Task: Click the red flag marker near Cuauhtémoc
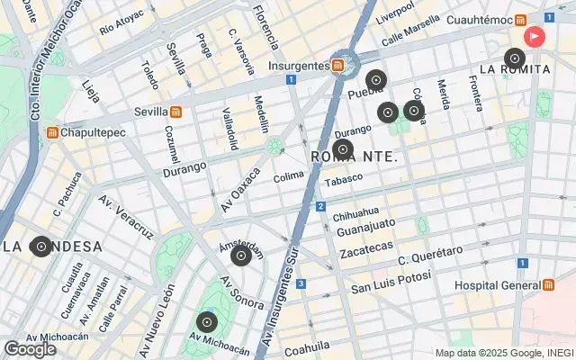coord(535,36)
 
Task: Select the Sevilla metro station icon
coord(176,112)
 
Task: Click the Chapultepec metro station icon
coord(53,132)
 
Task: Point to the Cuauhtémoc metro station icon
coord(521,20)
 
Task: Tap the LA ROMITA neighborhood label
coord(515,68)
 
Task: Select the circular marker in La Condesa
coord(40,246)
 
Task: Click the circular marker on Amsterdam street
coord(240,256)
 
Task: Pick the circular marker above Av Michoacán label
coord(207,322)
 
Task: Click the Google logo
coord(30,349)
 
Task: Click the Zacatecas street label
coord(366,246)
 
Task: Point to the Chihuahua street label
coord(357,217)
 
